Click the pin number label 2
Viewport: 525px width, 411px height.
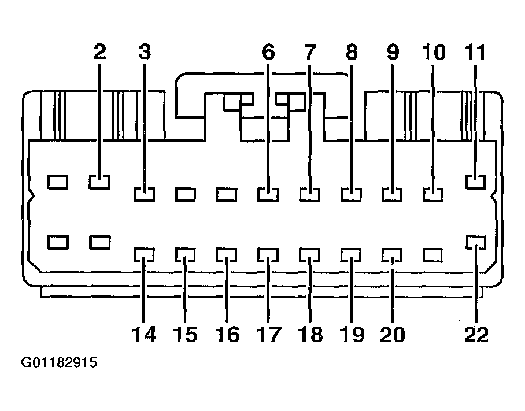pyautogui.click(x=100, y=52)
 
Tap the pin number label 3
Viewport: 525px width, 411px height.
pyautogui.click(x=145, y=52)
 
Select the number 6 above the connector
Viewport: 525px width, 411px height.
pyautogui.click(x=268, y=52)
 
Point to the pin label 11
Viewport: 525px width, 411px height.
pyautogui.click(x=476, y=52)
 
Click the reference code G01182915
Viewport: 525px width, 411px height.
pyautogui.click(x=59, y=364)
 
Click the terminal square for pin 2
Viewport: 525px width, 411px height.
pyautogui.click(x=100, y=183)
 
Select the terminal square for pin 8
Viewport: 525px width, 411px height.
pyautogui.click(x=351, y=194)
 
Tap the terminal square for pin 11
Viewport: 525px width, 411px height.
pyautogui.click(x=476, y=183)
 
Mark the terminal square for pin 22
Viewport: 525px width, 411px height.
pyautogui.click(x=476, y=242)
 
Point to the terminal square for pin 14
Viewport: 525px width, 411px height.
pyautogui.click(x=144, y=254)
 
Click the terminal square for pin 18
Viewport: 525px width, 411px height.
pyautogui.click(x=310, y=254)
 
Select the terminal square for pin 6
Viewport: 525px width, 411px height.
pyautogui.click(x=268, y=194)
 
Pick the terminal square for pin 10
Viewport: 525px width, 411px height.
pyautogui.click(x=433, y=194)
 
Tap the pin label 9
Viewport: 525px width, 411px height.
pyautogui.click(x=393, y=52)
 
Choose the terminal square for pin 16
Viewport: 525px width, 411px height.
pyautogui.click(x=227, y=254)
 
